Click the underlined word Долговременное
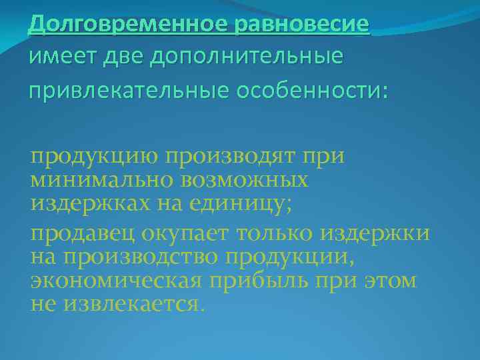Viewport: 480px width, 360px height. [129, 25]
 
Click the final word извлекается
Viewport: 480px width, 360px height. [133, 303]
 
